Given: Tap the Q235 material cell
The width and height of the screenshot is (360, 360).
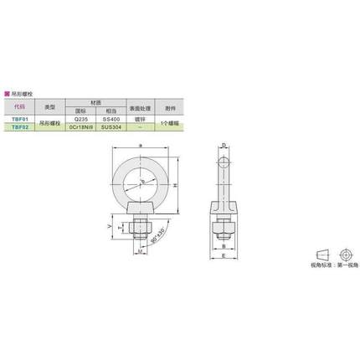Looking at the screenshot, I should (x=81, y=120).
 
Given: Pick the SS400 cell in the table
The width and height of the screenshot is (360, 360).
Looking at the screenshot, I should (x=110, y=120).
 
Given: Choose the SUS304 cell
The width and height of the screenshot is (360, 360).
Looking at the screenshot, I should (x=110, y=127).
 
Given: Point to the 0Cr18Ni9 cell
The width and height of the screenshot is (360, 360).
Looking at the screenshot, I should (x=81, y=127).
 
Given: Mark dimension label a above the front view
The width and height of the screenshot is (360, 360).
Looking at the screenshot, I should (x=138, y=145).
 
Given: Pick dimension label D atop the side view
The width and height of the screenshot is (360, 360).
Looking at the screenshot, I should (x=224, y=145).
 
